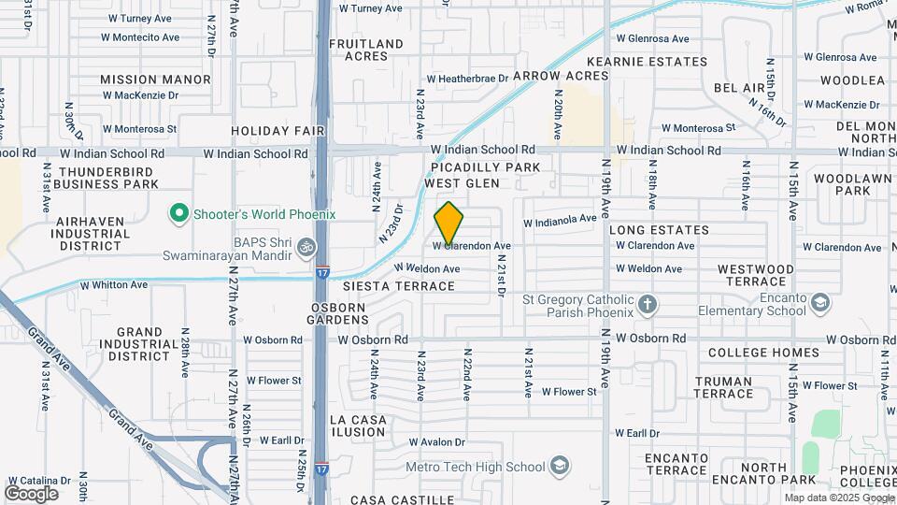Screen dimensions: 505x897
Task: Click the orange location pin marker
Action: [448, 224]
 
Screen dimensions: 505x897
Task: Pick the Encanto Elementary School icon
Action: [819, 303]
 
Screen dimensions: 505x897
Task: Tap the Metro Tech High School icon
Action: [559, 466]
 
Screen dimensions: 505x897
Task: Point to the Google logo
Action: [31, 493]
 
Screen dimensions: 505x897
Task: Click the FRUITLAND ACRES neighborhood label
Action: [366, 50]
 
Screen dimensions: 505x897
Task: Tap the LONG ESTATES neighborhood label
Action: [659, 229]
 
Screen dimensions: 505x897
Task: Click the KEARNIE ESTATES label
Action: [664, 59]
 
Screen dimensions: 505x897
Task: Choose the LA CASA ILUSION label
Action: [358, 426]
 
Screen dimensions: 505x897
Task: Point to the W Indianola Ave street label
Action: [559, 222]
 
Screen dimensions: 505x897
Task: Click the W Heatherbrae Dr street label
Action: [467, 79]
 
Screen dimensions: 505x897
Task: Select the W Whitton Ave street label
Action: [114, 284]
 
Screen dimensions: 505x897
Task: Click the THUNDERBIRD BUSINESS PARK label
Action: [108, 178]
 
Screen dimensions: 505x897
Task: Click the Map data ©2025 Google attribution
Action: [839, 498]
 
